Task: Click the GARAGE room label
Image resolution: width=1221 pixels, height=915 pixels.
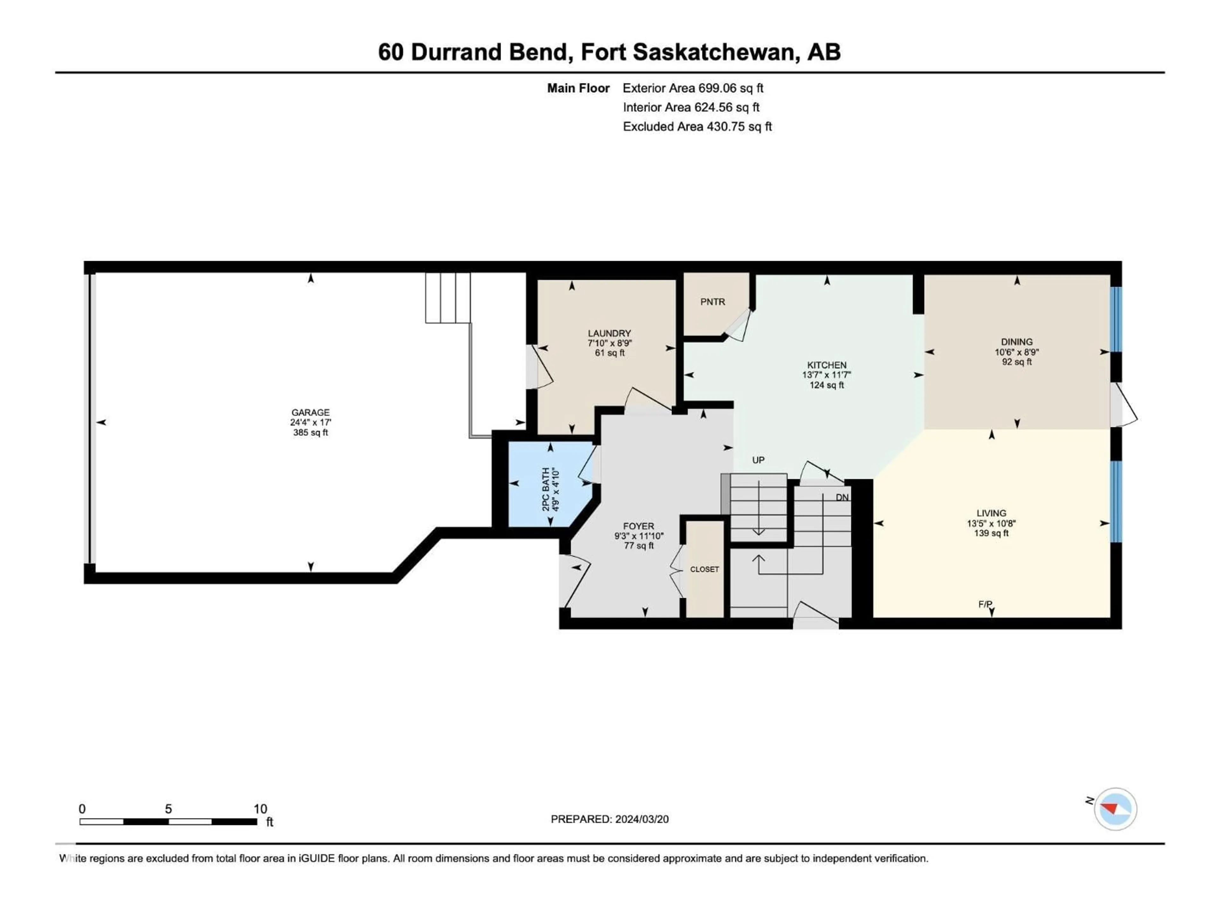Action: [310, 413]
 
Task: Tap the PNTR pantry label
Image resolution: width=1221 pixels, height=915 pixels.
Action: [713, 302]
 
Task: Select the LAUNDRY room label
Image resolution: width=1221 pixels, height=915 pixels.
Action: [610, 333]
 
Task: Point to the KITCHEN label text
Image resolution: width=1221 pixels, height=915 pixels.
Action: [827, 365]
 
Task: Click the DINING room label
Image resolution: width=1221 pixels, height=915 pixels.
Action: [1017, 342]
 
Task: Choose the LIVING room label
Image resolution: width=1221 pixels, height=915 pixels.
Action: [991, 513]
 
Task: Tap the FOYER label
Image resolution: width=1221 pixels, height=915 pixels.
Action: [639, 526]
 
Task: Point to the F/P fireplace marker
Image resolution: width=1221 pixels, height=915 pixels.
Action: [986, 605]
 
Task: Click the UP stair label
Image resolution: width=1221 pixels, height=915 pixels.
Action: [758, 460]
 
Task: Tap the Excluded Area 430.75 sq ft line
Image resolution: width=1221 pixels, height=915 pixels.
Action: [697, 127]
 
